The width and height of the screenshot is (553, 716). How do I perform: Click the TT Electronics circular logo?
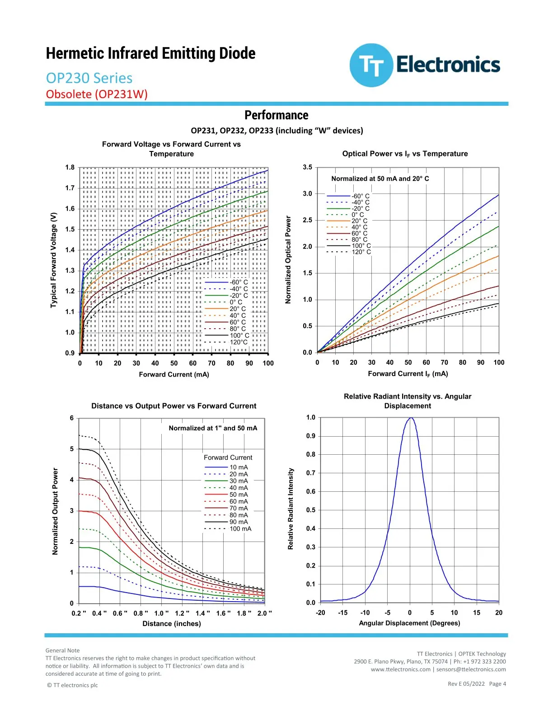(x=371, y=65)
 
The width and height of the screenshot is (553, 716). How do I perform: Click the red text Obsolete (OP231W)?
(x=97, y=94)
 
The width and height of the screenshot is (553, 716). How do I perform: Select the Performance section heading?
(x=276, y=115)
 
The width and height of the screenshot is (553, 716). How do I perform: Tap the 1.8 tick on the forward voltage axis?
(x=70, y=167)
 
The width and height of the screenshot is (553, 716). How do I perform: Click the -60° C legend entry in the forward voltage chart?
(x=226, y=283)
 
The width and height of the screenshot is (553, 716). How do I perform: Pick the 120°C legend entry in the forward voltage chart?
(x=226, y=342)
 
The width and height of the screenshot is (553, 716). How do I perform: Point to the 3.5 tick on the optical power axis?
(x=307, y=167)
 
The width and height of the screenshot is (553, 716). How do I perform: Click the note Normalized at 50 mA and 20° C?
(x=380, y=179)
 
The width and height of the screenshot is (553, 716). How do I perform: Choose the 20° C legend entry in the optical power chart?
(x=347, y=221)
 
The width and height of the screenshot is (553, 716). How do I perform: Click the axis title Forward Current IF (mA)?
(x=408, y=374)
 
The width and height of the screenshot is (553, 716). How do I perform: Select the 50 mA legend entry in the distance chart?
(x=226, y=494)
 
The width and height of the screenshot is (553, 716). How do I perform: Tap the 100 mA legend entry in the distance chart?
(x=228, y=528)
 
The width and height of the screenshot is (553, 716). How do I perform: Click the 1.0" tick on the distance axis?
(x=161, y=613)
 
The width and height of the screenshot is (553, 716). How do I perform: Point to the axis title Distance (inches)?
(x=172, y=623)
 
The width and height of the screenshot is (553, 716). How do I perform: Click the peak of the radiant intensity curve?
(x=410, y=418)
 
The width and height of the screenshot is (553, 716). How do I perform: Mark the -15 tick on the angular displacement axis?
(x=342, y=612)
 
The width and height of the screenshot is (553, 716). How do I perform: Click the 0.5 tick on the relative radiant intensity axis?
(x=310, y=510)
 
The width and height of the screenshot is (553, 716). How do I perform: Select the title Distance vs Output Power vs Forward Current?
(x=173, y=406)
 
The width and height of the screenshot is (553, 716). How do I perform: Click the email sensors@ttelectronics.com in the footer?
(x=471, y=669)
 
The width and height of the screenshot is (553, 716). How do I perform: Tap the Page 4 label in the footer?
(x=497, y=684)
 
